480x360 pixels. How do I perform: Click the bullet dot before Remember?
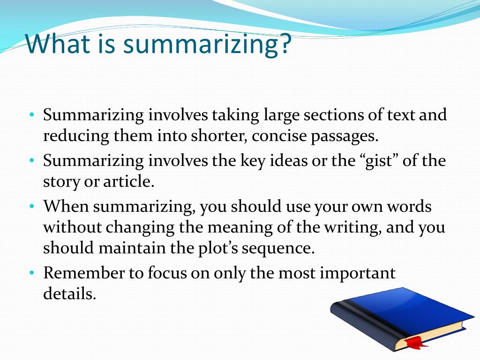click(x=31, y=273)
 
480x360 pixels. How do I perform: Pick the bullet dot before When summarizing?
click(x=31, y=206)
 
